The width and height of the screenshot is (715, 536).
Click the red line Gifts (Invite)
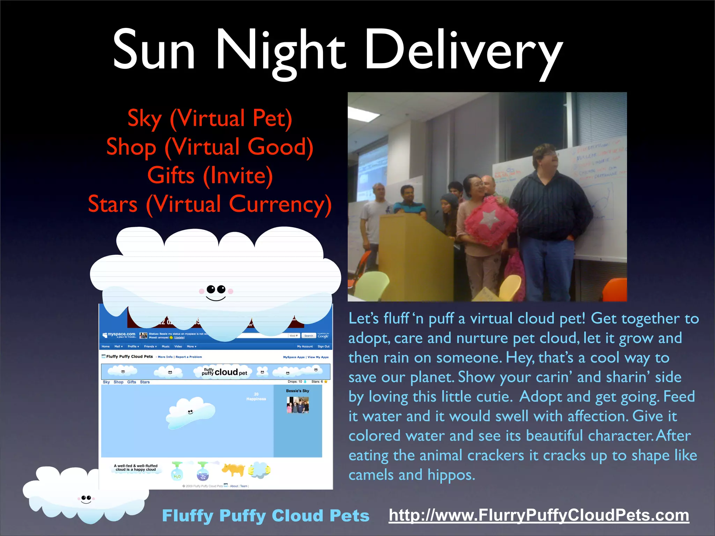[x=210, y=176]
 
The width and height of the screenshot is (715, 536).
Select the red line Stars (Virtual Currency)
[x=210, y=204]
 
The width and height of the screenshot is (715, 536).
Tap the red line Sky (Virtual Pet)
[x=210, y=118]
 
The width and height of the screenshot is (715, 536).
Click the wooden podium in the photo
[x=415, y=258]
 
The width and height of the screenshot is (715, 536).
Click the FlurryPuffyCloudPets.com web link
[x=539, y=515]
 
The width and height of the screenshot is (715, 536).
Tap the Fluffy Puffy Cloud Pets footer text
[x=266, y=516]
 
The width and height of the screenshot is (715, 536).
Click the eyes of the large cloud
[x=216, y=289]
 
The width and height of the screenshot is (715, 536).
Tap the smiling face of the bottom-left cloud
[x=86, y=499]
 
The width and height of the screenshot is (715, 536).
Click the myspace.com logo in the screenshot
[x=119, y=335]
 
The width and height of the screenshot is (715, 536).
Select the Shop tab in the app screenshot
[x=118, y=382]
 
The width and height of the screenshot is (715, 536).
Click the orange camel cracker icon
[x=233, y=470]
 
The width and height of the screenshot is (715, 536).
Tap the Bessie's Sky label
[x=297, y=391]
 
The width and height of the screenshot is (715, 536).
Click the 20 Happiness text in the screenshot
[x=256, y=396]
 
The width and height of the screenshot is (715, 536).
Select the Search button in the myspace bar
[x=309, y=336]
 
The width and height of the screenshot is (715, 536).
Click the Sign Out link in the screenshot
[x=323, y=347]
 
